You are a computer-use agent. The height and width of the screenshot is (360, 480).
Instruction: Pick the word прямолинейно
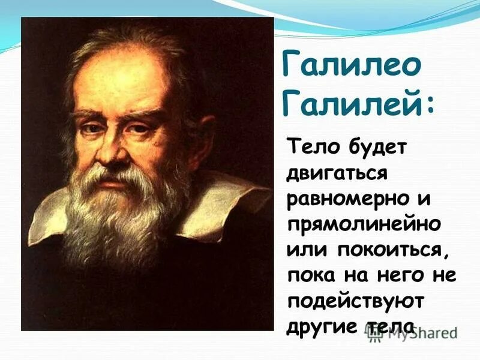(364, 226)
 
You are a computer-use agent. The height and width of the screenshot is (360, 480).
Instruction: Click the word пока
(309, 277)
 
